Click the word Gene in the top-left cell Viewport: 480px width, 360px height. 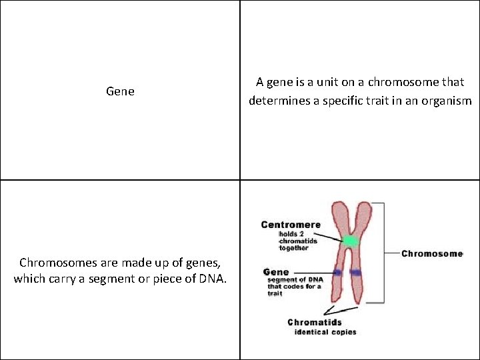point(120,91)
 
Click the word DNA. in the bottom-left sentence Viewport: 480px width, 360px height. point(211,279)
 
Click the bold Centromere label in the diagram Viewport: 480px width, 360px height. point(291,225)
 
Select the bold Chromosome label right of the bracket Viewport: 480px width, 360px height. point(432,254)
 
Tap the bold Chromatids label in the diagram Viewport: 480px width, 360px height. point(315,323)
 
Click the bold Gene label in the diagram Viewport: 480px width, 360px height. point(276,272)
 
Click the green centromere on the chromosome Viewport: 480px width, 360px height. point(350,239)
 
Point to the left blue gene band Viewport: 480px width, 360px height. point(339,273)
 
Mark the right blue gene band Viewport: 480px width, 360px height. point(356,272)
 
